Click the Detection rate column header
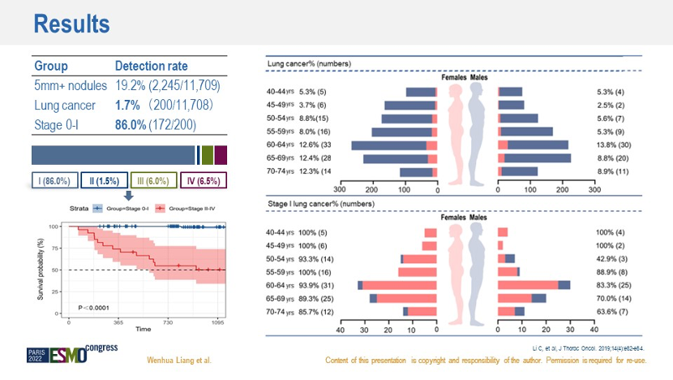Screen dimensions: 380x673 [152, 66]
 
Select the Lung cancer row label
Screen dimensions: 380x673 [65, 106]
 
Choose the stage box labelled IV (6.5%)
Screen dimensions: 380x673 [203, 180]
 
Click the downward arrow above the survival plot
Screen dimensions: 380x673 [127, 195]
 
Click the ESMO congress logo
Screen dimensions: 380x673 [73, 354]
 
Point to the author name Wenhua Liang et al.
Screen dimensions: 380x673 [178, 361]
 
